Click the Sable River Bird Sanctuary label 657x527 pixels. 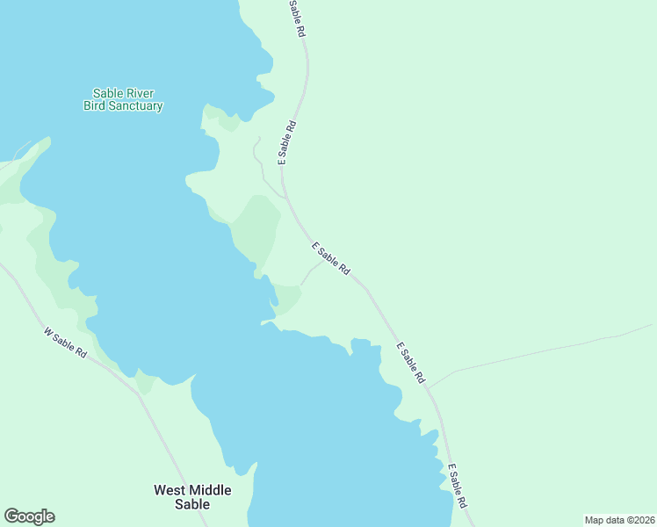click(x=123, y=99)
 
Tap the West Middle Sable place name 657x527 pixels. click(x=192, y=497)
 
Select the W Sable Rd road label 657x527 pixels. click(x=65, y=341)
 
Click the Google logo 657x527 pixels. click(x=29, y=516)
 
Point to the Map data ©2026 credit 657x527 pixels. click(x=619, y=520)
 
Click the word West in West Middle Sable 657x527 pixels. click(x=170, y=490)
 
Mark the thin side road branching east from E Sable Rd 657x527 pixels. click(x=545, y=351)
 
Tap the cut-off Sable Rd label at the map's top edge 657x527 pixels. click(x=297, y=18)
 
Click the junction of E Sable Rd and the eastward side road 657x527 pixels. click(x=430, y=387)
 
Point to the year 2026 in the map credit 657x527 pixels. click(x=639, y=520)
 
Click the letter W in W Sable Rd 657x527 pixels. click(x=47, y=332)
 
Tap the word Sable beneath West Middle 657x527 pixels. click(x=192, y=504)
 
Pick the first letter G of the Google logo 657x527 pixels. click(x=11, y=516)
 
